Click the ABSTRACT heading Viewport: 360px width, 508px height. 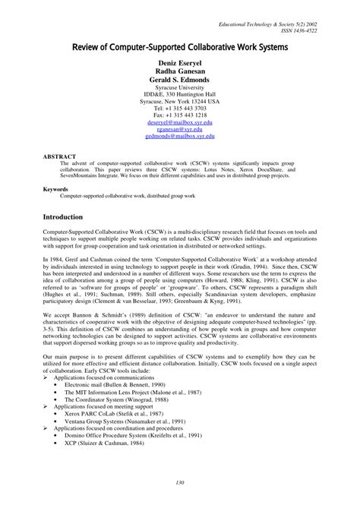click(59, 154)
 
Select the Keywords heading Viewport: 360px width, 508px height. click(56, 188)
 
